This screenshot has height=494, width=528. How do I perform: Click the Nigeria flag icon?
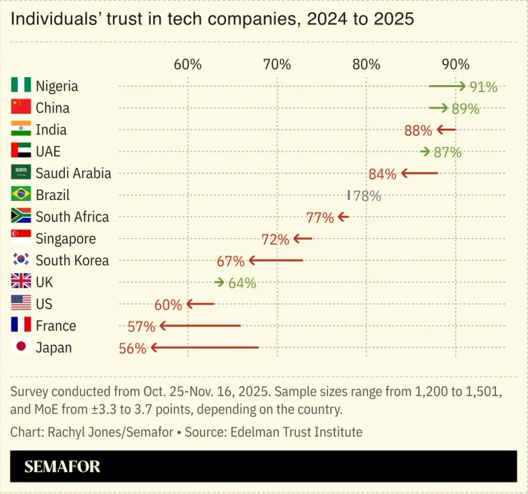[x=21, y=86]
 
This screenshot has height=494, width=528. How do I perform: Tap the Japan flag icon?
[x=21, y=347]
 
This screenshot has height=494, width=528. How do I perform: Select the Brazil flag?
[x=21, y=194]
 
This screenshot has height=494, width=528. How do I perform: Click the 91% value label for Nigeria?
[x=483, y=87]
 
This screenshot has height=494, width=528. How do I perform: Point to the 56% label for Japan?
[x=132, y=348]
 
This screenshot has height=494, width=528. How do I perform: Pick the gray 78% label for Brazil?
[x=367, y=196]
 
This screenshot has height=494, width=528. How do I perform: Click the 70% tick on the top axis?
[x=277, y=64]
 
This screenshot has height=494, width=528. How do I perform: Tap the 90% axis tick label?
[x=455, y=64]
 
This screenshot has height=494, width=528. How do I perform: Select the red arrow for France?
[x=200, y=326]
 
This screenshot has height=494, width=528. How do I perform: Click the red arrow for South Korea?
[x=275, y=261]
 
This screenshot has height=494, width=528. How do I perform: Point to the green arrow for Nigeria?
[x=447, y=87]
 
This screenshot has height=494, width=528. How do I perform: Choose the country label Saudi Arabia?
[x=73, y=173]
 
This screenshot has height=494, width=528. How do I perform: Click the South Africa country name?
[x=72, y=217]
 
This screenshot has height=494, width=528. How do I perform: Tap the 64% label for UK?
[x=241, y=283]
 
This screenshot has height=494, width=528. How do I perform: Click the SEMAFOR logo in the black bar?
[x=62, y=467]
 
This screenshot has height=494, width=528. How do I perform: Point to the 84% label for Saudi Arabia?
[x=382, y=174]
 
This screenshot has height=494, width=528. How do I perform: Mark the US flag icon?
[x=21, y=304]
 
